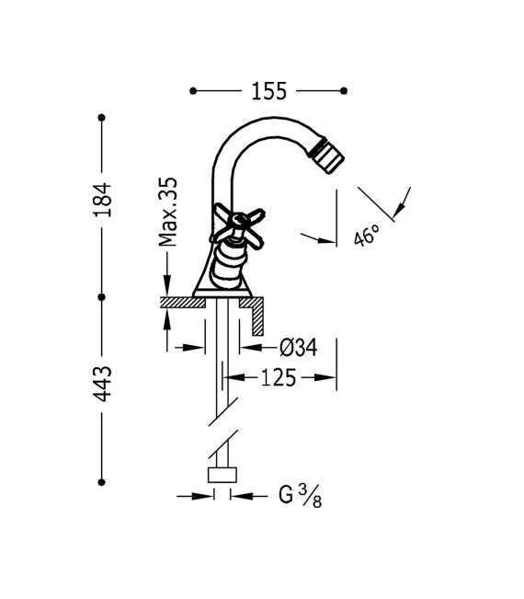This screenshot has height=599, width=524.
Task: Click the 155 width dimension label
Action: coord(268,91)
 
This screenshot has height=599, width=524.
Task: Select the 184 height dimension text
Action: coord(103,200)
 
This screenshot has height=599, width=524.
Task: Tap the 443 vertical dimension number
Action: coord(103,384)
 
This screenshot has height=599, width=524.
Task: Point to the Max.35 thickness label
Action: coord(168,212)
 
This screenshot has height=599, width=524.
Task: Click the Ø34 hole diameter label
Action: coord(298,348)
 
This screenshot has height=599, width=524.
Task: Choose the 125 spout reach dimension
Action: coord(279,378)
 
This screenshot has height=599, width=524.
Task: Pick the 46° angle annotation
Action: coord(367,235)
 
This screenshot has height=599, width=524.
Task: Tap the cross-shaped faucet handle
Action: coord(237,228)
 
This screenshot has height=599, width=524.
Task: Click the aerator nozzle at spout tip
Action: coord(328,156)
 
